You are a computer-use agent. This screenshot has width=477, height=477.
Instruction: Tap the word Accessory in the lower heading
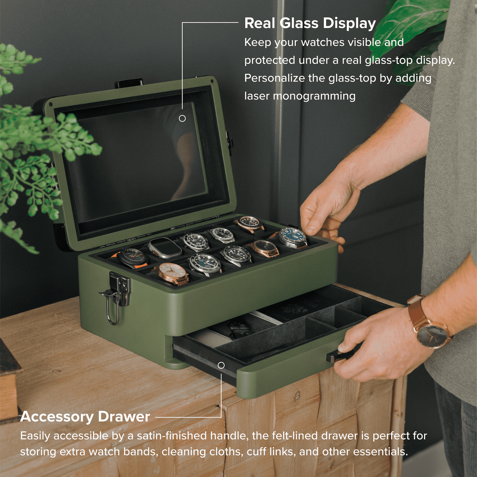(x=56, y=417)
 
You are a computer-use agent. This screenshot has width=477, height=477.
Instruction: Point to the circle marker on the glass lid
(x=182, y=118)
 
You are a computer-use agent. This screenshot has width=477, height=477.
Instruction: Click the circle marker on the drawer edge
(x=221, y=365)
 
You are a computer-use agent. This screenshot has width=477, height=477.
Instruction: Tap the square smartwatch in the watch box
(x=164, y=247)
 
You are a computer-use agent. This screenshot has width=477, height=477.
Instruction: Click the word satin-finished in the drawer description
(x=174, y=436)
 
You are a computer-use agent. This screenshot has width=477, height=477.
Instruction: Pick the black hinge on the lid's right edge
(x=230, y=142)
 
